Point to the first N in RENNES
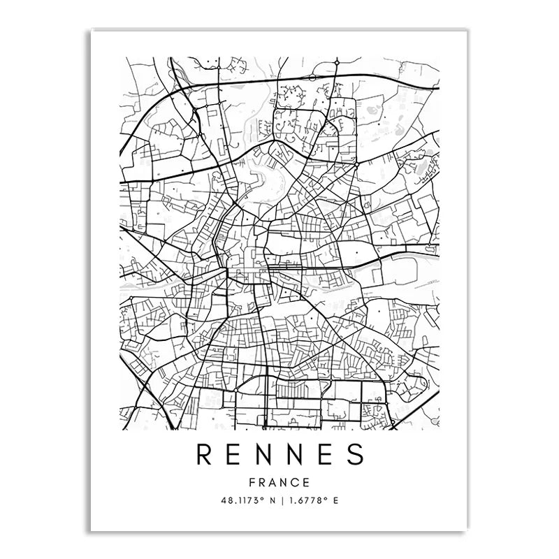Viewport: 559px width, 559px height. click(x=266, y=455)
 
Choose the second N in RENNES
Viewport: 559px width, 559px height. click(x=296, y=455)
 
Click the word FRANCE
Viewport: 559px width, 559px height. click(x=279, y=481)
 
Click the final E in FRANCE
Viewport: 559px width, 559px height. click(x=307, y=481)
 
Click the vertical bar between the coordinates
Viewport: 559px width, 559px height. click(x=279, y=501)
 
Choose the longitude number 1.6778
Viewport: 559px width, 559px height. click(x=307, y=501)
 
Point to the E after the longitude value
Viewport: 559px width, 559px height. click(x=335, y=501)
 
